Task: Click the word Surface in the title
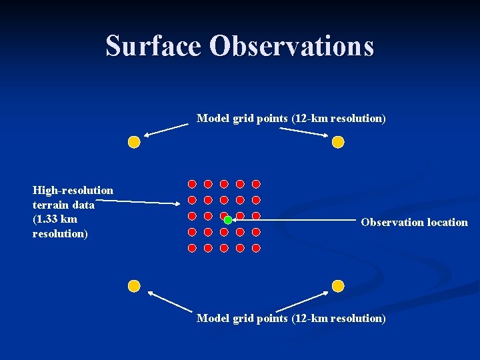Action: click(153, 46)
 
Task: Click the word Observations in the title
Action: click(291, 46)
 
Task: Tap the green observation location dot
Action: click(228, 220)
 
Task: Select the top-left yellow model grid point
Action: click(134, 142)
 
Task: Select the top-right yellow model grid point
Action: click(338, 142)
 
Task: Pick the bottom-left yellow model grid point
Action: click(134, 286)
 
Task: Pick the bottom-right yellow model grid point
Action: click(338, 286)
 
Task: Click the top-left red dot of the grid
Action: click(192, 184)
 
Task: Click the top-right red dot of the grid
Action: click(256, 184)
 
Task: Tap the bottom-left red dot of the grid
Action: click(192, 248)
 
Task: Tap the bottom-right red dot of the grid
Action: click(256, 248)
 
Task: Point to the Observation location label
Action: click(414, 223)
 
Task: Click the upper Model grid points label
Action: click(291, 119)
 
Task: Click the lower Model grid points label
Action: click(291, 319)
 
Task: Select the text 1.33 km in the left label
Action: click(55, 219)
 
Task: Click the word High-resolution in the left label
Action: click(73, 191)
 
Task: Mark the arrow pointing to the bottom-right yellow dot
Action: click(304, 301)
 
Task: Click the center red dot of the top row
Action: click(224, 184)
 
